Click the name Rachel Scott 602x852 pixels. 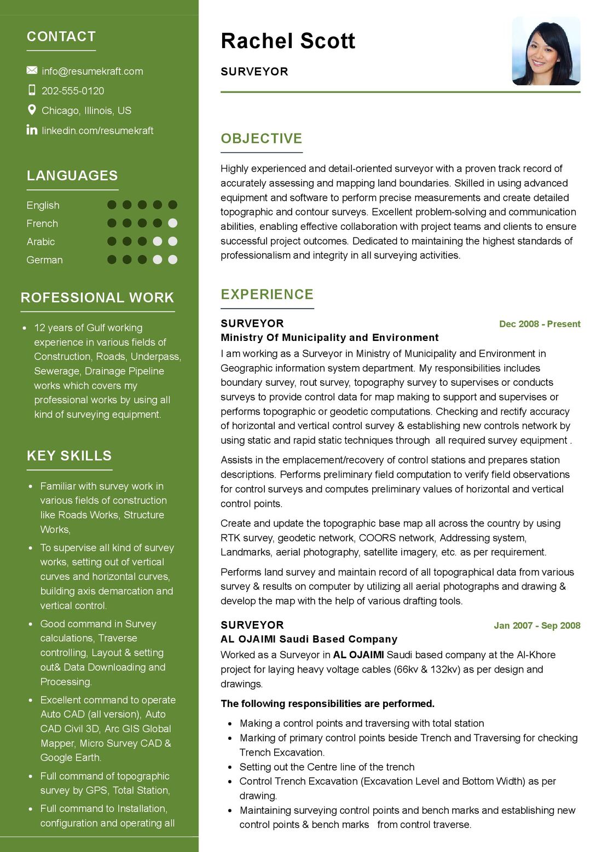point(288,42)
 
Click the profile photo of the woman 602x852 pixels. point(546,51)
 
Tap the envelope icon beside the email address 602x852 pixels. point(32,71)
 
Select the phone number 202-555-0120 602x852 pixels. point(73,91)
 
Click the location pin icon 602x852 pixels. point(32,110)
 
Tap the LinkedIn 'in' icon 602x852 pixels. point(32,130)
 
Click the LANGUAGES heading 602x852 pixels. point(72,176)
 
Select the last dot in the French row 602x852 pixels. point(172,223)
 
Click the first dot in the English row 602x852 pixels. point(112,205)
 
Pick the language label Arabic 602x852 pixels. point(41,242)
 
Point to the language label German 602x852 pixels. point(45,260)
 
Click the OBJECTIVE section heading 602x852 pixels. point(262,138)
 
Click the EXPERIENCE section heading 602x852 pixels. point(267,294)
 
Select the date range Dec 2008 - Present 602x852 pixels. point(540,324)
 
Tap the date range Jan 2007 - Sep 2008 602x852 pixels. point(537,625)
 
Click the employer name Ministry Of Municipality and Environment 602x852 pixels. point(329,338)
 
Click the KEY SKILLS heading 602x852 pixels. point(70,456)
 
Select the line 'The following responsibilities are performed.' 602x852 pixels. point(327,704)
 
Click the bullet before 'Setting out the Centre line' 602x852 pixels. point(230,767)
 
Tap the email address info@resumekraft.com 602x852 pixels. point(92,71)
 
